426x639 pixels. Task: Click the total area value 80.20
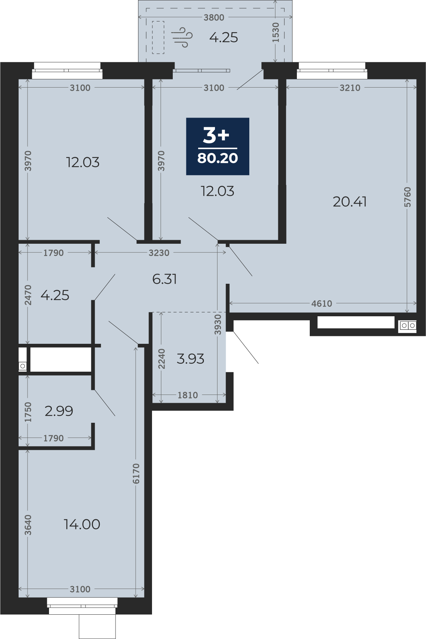(217, 158)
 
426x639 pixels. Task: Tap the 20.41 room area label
(349, 202)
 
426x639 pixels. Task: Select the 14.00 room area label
(82, 524)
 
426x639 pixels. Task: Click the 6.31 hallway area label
(165, 279)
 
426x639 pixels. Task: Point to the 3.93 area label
(190, 358)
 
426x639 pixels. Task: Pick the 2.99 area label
(59, 411)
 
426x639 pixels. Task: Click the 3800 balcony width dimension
(214, 17)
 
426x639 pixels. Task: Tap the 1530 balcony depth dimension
(275, 33)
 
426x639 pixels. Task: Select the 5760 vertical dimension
(407, 197)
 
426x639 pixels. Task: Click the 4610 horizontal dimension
(322, 303)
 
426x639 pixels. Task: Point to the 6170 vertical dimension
(136, 474)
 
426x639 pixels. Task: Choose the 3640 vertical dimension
(28, 525)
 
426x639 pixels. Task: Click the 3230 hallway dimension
(159, 253)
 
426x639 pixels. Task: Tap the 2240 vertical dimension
(162, 359)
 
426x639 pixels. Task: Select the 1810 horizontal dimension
(188, 395)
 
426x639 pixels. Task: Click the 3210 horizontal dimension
(350, 88)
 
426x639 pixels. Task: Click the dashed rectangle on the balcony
(158, 37)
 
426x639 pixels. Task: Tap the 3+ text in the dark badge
(216, 135)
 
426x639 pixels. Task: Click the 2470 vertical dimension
(28, 295)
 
